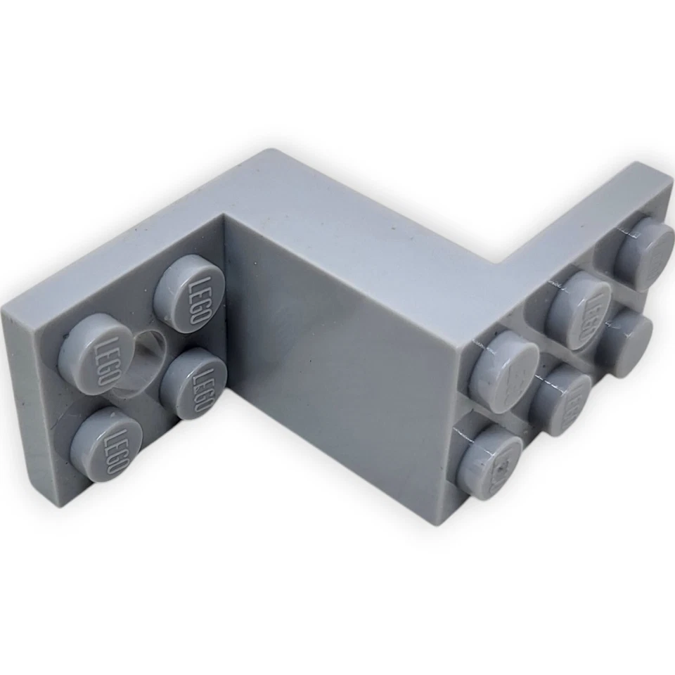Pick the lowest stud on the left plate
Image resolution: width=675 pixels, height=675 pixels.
(x=106, y=444)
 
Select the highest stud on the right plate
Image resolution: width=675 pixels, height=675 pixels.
(x=643, y=253)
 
